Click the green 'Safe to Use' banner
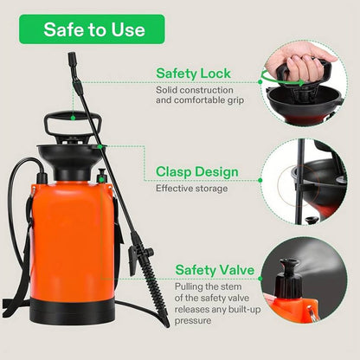click(92, 29)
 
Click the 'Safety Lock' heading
click(193, 74)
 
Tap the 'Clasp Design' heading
click(197, 171)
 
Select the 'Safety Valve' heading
click(215, 270)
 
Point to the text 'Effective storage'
click(191, 189)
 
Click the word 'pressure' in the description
click(193, 321)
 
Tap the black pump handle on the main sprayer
click(73, 125)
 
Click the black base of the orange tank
click(72, 311)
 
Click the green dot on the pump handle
click(73, 118)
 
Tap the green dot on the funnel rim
click(100, 146)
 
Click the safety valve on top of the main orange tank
click(101, 177)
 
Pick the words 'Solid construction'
click(195, 90)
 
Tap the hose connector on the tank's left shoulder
click(42, 176)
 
